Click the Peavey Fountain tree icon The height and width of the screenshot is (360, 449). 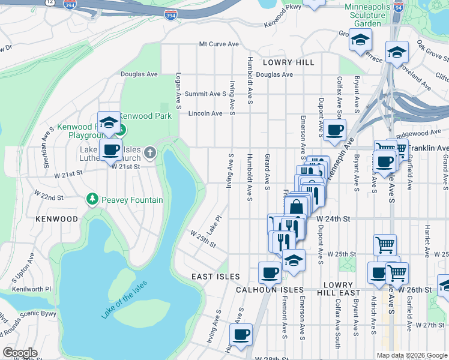click(92, 198)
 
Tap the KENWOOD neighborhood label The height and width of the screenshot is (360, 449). click(56, 219)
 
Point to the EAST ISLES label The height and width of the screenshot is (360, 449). click(215, 277)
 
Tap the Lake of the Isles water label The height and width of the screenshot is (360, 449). click(125, 296)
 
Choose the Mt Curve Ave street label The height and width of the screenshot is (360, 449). click(219, 44)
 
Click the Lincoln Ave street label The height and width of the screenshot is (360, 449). click(205, 113)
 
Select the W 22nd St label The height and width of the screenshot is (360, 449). click(49, 196)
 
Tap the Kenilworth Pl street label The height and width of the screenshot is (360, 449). click(27, 289)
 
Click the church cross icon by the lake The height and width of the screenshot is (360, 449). click(150, 153)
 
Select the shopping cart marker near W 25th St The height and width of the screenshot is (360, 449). click(385, 244)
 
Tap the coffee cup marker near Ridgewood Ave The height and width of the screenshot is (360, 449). click(334, 128)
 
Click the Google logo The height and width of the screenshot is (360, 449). click(20, 353)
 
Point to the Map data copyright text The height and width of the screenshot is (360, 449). click(411, 355)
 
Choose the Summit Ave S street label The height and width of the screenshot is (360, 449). click(205, 94)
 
